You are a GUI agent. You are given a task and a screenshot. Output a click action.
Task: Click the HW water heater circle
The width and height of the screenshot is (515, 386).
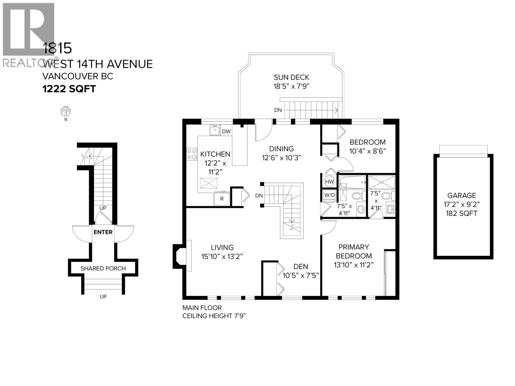pyautogui.click(x=329, y=182)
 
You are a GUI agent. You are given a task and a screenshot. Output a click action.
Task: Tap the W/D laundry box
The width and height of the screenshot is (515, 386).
pyautogui.click(x=329, y=195)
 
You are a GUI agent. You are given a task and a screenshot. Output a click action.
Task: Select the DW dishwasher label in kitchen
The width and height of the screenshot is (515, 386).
pyautogui.click(x=226, y=131)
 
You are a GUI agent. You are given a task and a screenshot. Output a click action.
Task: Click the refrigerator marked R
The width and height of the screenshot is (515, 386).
pyautogui.click(x=222, y=198)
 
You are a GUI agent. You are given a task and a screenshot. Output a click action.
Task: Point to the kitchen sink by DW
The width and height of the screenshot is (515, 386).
pyautogui.click(x=214, y=131)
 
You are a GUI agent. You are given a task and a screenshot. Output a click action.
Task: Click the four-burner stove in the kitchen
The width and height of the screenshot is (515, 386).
pyautogui.click(x=192, y=154)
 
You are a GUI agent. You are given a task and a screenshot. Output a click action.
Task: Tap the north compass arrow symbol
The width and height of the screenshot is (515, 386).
pyautogui.click(x=66, y=112)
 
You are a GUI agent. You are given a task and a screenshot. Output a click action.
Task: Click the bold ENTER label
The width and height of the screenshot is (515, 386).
pyautogui.click(x=103, y=232)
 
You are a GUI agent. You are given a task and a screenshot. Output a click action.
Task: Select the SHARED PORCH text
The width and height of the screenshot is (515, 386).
pyautogui.click(x=103, y=268)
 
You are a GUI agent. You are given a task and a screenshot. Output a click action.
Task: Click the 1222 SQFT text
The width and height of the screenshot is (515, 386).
pyautogui.click(x=69, y=89)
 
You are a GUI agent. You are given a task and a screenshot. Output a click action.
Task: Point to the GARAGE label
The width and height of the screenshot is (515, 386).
pyautogui.click(x=462, y=195)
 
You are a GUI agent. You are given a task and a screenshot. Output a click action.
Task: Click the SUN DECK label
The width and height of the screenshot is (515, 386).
pyautogui.click(x=291, y=77)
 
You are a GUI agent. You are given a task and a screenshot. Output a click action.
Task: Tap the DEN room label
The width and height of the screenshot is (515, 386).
pyautogui.click(x=301, y=266)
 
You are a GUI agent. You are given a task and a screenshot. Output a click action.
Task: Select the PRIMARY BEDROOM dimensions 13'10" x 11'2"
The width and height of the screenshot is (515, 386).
pyautogui.click(x=354, y=265)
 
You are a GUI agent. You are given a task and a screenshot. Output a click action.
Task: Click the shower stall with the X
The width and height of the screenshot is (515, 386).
pyautogui.click(x=381, y=182)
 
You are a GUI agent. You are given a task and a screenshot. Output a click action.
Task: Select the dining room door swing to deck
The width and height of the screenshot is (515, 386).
pyautogui.click(x=263, y=131)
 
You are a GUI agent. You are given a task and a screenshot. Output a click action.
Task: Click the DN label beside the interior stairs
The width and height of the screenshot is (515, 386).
pyautogui.click(x=259, y=196)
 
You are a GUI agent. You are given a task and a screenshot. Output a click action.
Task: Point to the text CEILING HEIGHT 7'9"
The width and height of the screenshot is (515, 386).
pyautogui.click(x=214, y=316)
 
